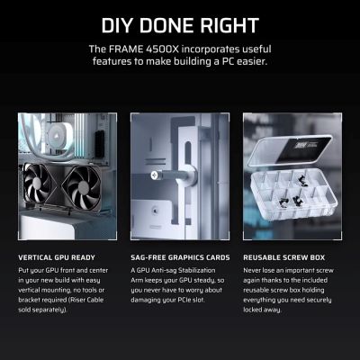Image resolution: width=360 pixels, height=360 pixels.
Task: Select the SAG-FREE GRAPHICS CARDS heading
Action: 180,257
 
